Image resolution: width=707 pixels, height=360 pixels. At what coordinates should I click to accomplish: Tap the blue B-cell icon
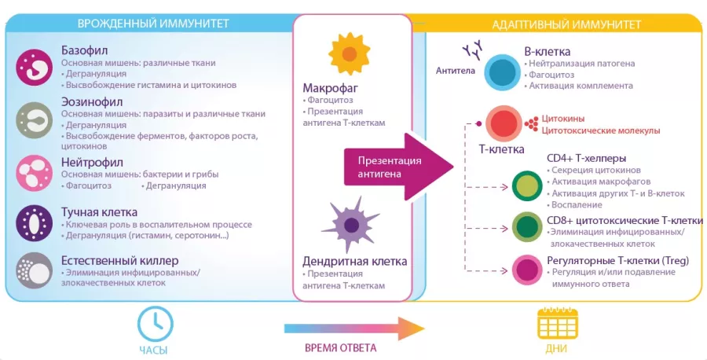[500, 71]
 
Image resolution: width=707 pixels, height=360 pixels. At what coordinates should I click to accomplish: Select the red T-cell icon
[502, 123]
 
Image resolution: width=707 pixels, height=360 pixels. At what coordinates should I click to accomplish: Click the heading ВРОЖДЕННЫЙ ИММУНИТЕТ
[153, 24]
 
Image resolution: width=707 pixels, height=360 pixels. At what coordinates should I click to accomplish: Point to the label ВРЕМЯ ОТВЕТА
[340, 347]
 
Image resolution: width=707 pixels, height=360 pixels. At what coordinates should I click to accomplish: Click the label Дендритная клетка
[344, 260]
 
